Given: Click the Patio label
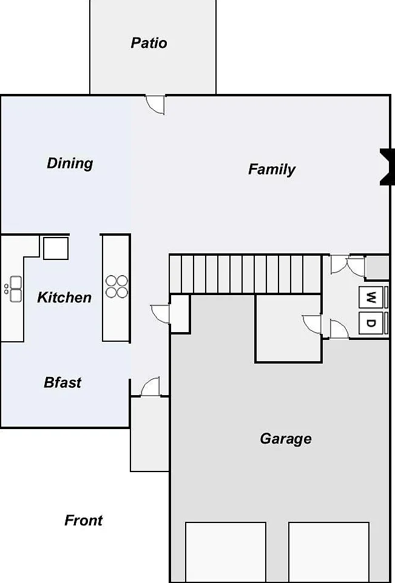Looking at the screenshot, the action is pos(149,43).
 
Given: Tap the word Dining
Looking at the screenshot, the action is pos(70,163).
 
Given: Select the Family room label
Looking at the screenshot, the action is pos(272,169).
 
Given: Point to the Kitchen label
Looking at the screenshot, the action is pos(64,297).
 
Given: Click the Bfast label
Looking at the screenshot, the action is pos(62,382).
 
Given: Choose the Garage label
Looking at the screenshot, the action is pos(286,439).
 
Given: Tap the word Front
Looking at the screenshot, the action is pos(83,520).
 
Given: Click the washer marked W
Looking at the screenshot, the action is pos(371,297).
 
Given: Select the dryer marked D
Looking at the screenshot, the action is pos(371,323).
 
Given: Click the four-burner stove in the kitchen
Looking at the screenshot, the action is pos(116,286).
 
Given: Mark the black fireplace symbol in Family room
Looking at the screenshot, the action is pos(387,167).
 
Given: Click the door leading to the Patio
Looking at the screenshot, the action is pos(155,105).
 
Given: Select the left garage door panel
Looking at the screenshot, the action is pos(226,551).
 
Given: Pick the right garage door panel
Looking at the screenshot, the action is pos(329,551).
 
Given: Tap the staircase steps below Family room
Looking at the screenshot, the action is pos(245,274).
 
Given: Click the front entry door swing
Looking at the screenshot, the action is pos(150,387).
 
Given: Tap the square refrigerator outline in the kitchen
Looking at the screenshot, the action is pos(56,248).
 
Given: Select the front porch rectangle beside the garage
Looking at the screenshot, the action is pos(150,434).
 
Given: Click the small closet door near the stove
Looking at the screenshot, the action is pos(160,314).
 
